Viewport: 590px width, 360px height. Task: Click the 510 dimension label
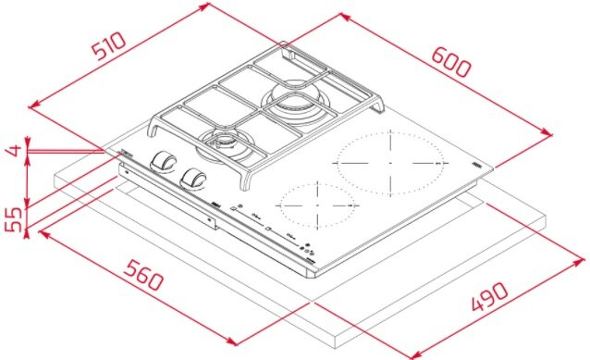109,46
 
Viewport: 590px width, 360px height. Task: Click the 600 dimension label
450,62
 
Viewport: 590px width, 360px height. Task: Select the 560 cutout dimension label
144,275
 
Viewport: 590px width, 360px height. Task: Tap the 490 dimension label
490,296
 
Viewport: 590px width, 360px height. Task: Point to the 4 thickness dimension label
14,150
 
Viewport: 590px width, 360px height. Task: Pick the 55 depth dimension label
13,219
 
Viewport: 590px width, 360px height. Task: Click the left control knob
164,162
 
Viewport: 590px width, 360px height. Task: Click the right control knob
193,178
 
